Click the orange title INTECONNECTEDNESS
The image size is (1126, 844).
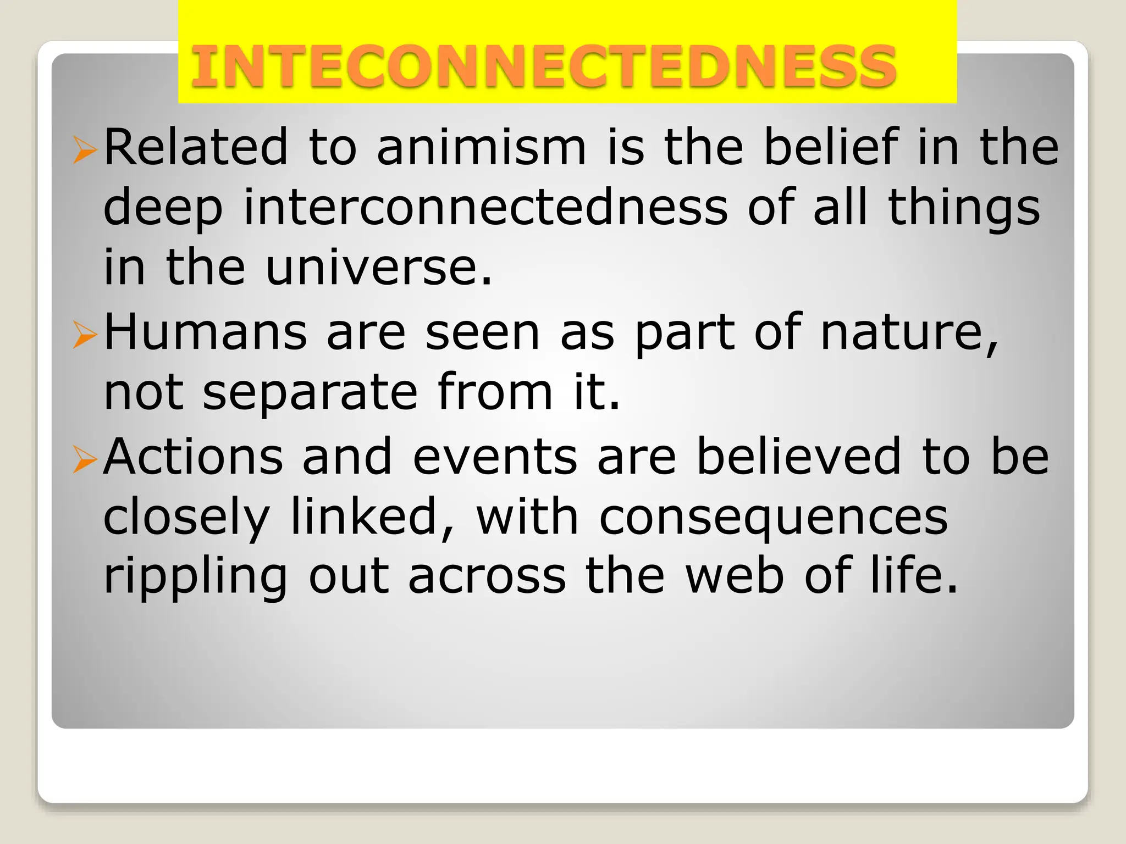[x=543, y=67]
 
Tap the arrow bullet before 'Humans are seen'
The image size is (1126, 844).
[x=84, y=335]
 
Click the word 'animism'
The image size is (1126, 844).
[x=482, y=147]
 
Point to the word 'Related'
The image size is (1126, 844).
[x=196, y=147]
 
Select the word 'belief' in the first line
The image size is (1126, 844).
[x=831, y=147]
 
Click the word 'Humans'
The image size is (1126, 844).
[x=205, y=332]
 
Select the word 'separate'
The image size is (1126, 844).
[x=310, y=393]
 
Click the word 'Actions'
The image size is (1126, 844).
[x=193, y=457]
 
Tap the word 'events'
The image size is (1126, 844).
[x=495, y=457]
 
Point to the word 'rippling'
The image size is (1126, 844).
[x=195, y=577]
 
